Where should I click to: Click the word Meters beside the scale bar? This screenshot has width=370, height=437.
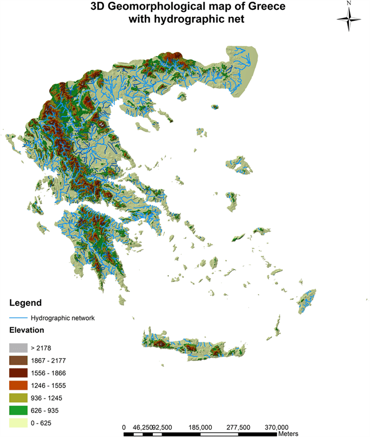pyautogui.click(x=290, y=434)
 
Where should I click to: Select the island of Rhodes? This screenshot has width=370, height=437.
pyautogui.click(x=309, y=302)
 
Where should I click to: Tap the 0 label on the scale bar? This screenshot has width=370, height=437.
pyautogui.click(x=124, y=427)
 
